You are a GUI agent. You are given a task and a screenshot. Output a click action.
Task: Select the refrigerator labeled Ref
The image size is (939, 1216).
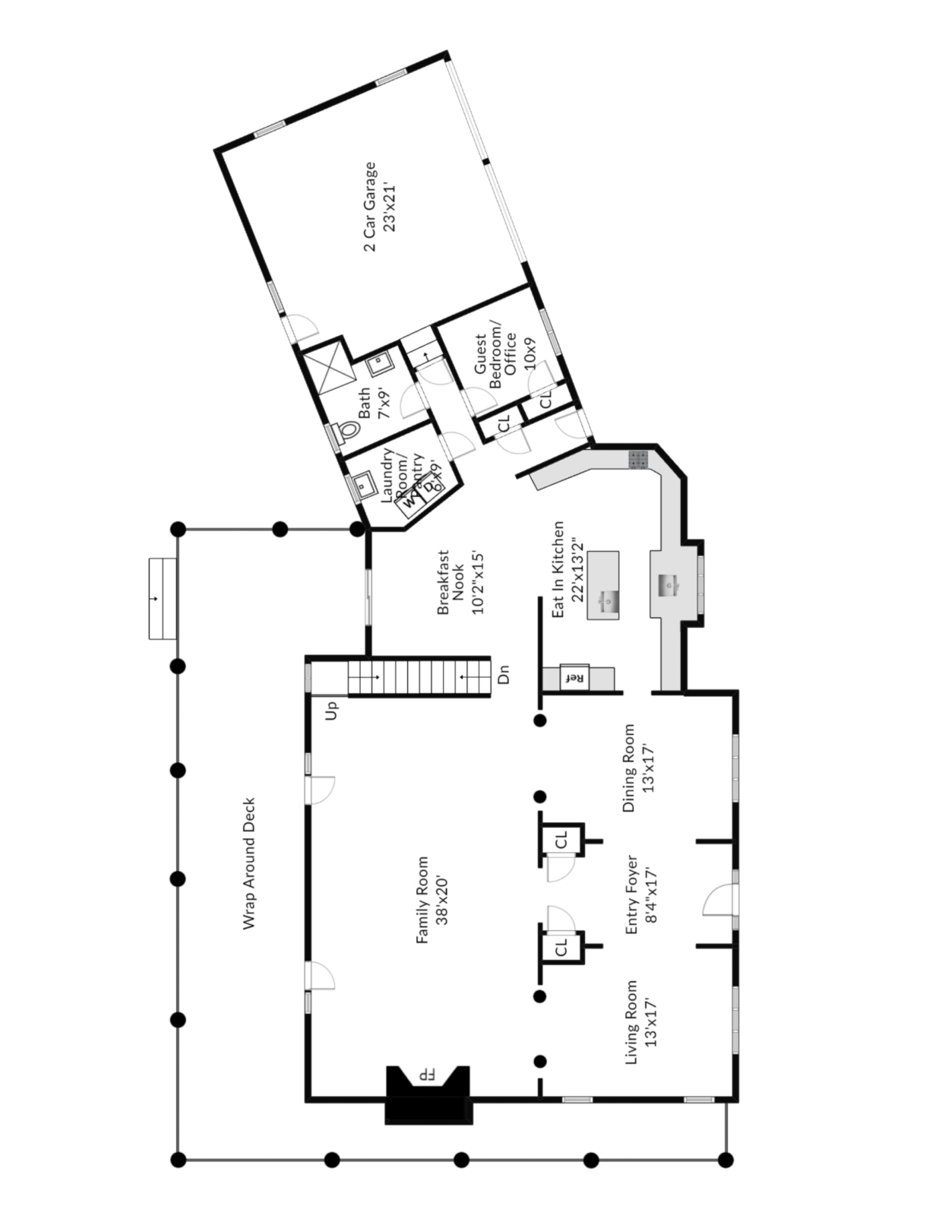pyautogui.click(x=574, y=677)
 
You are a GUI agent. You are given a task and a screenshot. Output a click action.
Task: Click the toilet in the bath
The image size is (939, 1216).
pyautogui.click(x=346, y=431)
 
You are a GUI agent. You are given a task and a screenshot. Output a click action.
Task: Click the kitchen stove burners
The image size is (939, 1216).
pyautogui.click(x=638, y=459)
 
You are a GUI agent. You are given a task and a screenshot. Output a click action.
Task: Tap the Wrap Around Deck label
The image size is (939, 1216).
pyautogui.click(x=249, y=863)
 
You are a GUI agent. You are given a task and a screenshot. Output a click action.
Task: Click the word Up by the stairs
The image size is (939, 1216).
pyautogui.click(x=332, y=711)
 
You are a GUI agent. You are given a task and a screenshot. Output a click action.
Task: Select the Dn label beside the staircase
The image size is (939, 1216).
pyautogui.click(x=503, y=674)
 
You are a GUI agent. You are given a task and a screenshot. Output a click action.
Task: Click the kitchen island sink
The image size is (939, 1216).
pyautogui.click(x=609, y=601)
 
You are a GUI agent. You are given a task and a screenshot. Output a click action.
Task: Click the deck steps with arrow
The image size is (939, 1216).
pyautogui.click(x=163, y=599)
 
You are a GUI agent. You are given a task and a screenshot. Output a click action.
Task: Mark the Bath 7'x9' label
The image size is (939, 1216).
pyautogui.click(x=374, y=403)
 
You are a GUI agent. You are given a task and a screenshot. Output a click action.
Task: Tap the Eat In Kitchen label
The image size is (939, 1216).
pyautogui.click(x=568, y=568)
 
